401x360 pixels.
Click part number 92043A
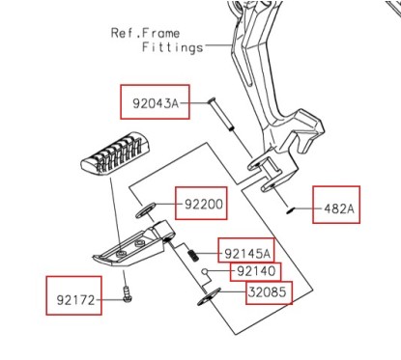click(155, 101)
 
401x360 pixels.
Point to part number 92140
click(256, 271)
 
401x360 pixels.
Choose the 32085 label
click(268, 292)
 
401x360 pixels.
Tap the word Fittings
click(172, 45)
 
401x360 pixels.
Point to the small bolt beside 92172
click(127, 296)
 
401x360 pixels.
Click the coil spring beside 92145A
click(193, 255)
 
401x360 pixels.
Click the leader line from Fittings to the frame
click(218, 46)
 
